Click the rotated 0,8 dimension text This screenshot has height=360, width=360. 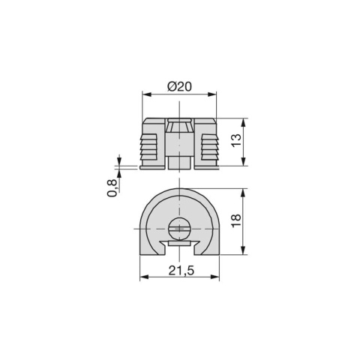112,187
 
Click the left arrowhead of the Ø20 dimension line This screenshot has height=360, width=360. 145,94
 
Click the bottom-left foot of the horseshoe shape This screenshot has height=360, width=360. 151,247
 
